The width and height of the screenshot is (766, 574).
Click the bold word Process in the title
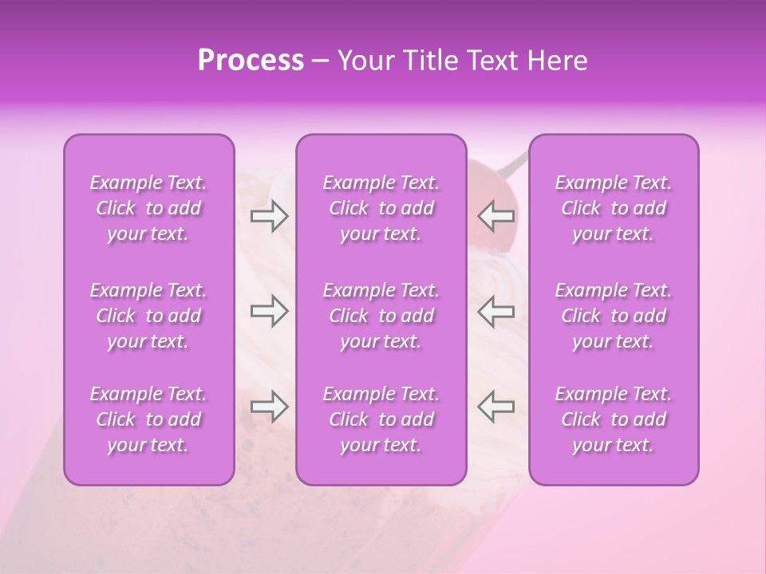pyautogui.click(x=251, y=61)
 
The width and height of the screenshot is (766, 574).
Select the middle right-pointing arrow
pyautogui.click(x=269, y=311)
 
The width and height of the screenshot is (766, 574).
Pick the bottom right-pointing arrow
pyautogui.click(x=269, y=407)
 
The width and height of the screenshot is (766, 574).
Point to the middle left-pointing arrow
pyautogui.click(x=496, y=311)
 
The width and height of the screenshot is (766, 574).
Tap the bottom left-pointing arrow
pyautogui.click(x=496, y=407)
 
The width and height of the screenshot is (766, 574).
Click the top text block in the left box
pyautogui.click(x=148, y=209)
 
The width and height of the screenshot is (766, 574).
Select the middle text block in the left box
pyautogui.click(x=148, y=316)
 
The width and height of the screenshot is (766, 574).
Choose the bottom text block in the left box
pyautogui.click(x=148, y=419)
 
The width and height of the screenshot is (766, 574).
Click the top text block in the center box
pyautogui.click(x=381, y=209)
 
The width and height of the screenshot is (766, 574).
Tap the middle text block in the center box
pyautogui.click(x=381, y=316)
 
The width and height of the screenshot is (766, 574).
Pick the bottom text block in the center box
pyautogui.click(x=381, y=419)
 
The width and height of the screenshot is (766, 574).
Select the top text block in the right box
pyautogui.click(x=614, y=209)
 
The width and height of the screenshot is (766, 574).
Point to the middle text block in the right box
pyautogui.click(x=614, y=316)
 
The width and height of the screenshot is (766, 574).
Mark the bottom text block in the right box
pyautogui.click(x=614, y=419)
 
